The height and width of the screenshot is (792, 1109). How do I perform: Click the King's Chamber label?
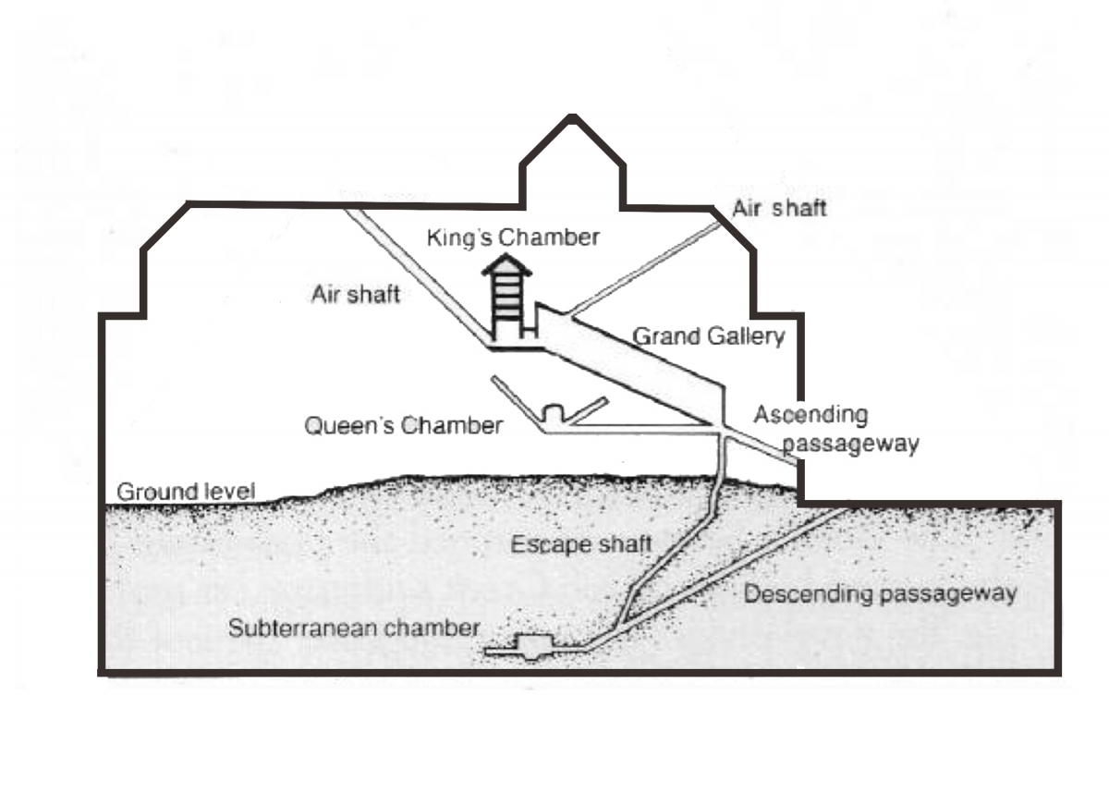point(513,238)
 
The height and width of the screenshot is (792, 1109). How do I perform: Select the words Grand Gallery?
point(708,336)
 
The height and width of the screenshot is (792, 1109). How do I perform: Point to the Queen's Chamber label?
point(404,426)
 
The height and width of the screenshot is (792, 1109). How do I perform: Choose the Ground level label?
point(185,491)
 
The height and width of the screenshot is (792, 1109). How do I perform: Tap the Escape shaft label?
point(581,544)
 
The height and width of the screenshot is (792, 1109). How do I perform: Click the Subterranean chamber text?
point(354,628)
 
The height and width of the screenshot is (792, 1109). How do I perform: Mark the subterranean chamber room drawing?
point(532,646)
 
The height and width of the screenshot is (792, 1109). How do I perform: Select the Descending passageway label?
point(880,593)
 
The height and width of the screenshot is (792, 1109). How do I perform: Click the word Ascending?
point(811,415)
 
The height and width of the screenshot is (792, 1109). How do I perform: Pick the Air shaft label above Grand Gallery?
point(779,208)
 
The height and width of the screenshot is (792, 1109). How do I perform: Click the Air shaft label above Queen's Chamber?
point(355,295)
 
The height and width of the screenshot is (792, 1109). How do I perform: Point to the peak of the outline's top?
point(573,117)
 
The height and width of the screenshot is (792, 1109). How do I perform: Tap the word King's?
point(455,238)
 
